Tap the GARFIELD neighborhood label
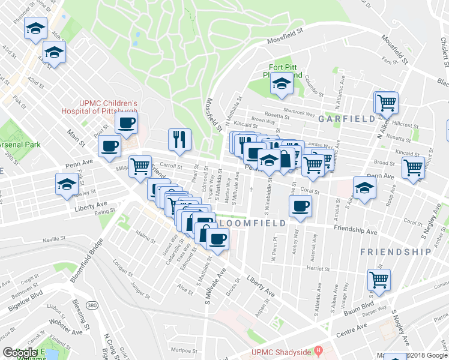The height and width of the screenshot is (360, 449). point(347,119)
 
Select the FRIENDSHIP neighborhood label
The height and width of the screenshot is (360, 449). point(396,252)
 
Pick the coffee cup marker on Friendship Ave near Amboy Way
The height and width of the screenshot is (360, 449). point(300,206)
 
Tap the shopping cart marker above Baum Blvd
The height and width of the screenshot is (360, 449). point(379,279)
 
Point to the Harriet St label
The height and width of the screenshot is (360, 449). point(315,268)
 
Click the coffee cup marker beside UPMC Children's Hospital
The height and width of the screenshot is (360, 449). point(126,124)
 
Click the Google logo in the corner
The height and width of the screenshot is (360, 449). point(20,353)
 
